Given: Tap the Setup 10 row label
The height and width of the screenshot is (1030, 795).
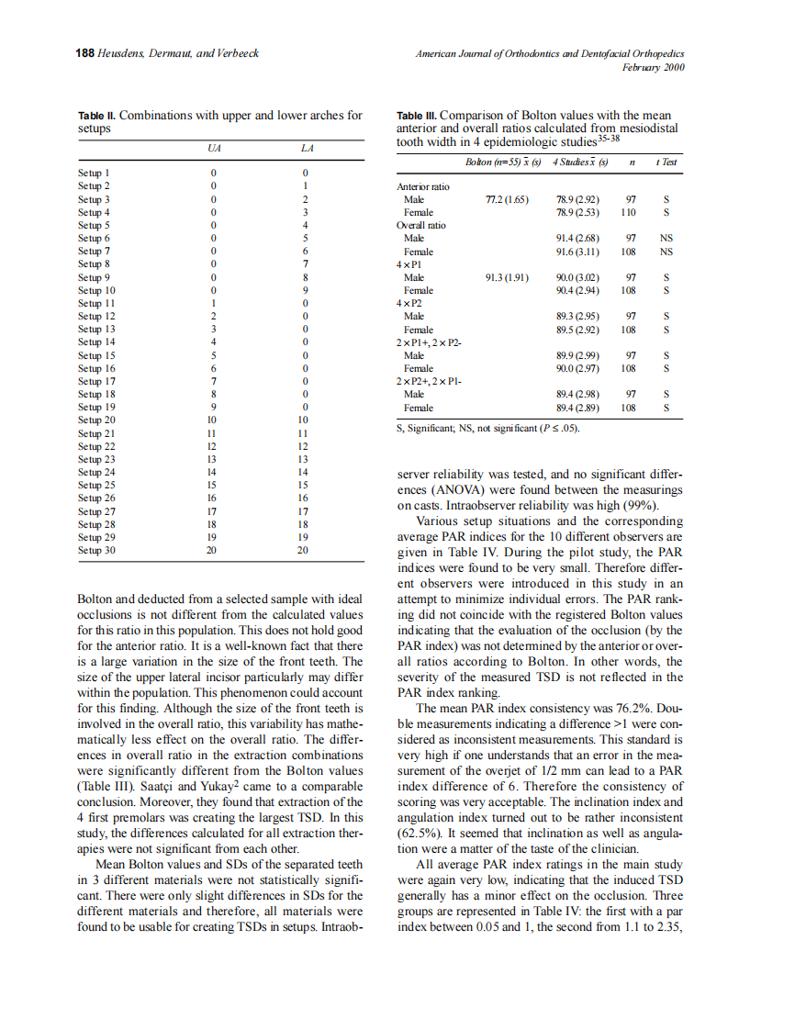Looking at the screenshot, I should tap(96, 290).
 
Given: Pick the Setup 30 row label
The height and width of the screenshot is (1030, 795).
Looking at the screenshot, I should tap(96, 551).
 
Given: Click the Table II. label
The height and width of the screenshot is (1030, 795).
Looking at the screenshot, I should tap(98, 117).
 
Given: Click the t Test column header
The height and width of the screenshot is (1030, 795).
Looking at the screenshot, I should tap(667, 162).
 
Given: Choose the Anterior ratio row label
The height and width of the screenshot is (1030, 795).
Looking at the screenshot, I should tap(423, 187).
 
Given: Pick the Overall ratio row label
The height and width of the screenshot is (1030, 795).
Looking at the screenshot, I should tap(421, 225).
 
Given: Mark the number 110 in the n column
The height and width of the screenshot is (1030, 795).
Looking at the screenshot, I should tap(628, 212).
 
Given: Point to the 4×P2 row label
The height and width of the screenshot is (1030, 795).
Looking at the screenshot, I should tap(409, 304).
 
